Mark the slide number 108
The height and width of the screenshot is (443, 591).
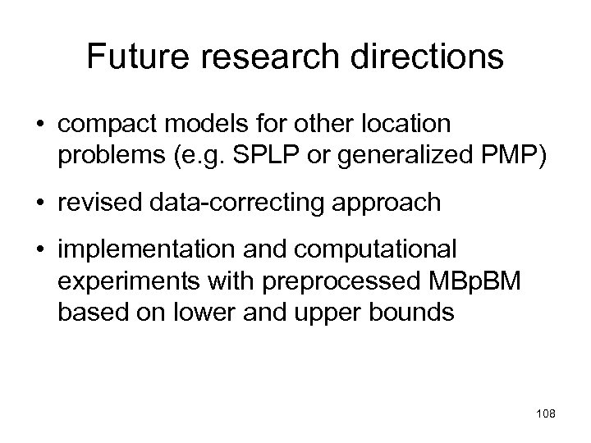coord(544,414)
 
